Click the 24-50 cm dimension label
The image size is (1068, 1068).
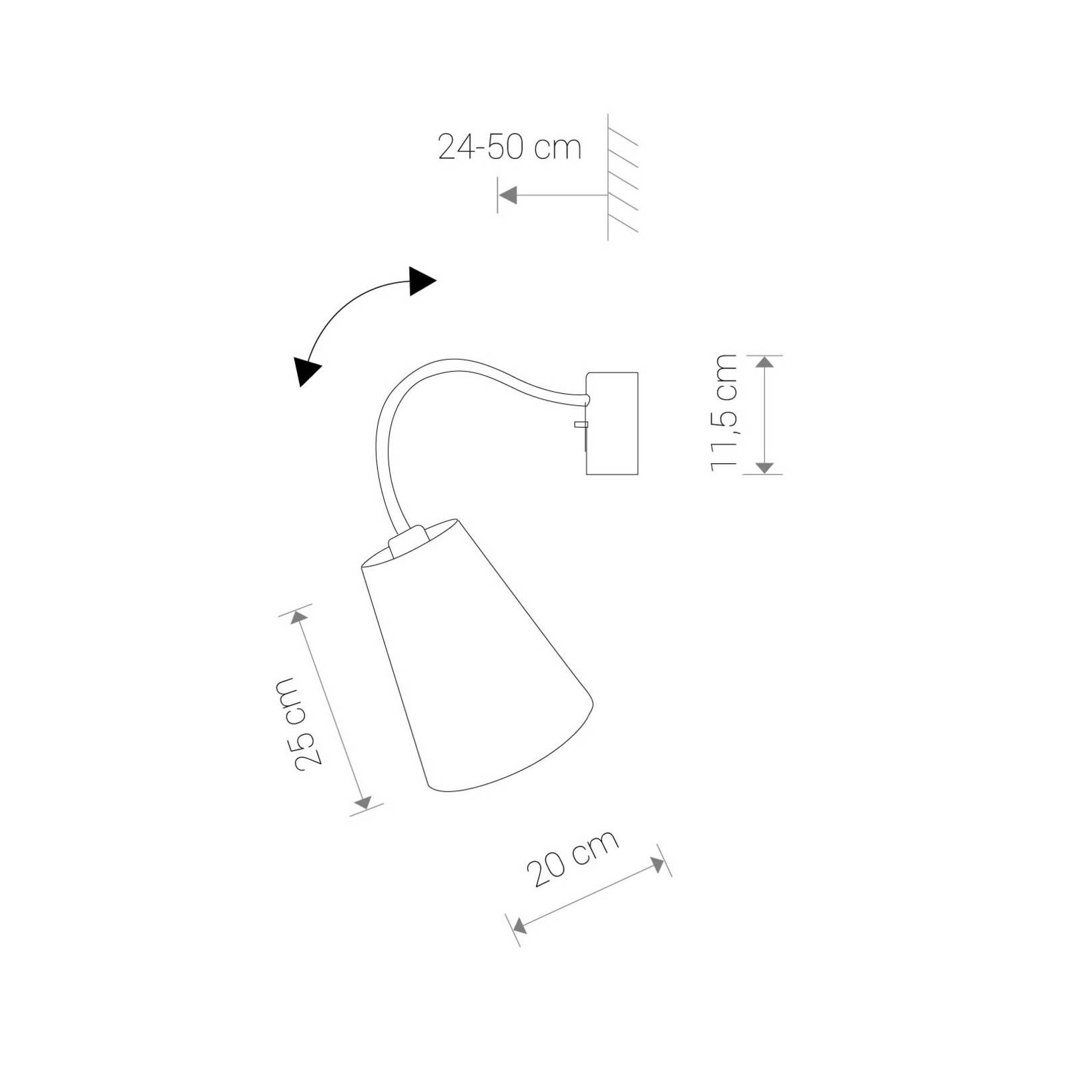pyautogui.click(x=509, y=147)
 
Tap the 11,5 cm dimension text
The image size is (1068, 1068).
pyautogui.click(x=724, y=414)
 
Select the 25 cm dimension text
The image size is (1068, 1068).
pyautogui.click(x=303, y=724)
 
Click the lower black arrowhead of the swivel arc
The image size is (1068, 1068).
pyautogui.click(x=307, y=371)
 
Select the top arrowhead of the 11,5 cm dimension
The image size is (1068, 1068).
pyautogui.click(x=766, y=362)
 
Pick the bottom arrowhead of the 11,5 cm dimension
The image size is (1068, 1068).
pyautogui.click(x=766, y=467)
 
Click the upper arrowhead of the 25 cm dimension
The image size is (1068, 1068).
pyautogui.click(x=300, y=617)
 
